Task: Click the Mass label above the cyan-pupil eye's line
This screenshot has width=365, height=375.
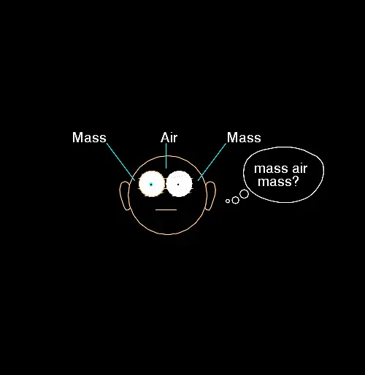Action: (x=89, y=137)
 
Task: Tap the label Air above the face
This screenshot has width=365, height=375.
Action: (x=169, y=138)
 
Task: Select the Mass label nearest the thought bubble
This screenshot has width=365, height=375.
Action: (x=244, y=137)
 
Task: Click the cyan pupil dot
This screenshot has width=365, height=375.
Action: (x=151, y=185)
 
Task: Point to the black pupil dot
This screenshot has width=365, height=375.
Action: (x=178, y=185)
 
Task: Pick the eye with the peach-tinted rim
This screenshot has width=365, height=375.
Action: (x=151, y=184)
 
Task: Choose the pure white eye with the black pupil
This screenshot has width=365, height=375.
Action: (x=179, y=184)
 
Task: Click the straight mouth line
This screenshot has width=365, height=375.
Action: (x=166, y=209)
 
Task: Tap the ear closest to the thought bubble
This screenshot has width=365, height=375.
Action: (x=210, y=196)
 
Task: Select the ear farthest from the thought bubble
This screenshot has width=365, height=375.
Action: (x=125, y=196)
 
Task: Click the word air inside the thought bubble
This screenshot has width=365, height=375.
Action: (x=300, y=169)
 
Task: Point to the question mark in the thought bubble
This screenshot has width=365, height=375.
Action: (x=296, y=182)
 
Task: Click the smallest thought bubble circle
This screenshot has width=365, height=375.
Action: (x=228, y=201)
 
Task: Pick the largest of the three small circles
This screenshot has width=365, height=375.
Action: (x=244, y=194)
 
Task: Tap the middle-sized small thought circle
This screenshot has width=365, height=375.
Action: (x=236, y=200)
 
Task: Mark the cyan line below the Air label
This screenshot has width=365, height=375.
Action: (x=166, y=155)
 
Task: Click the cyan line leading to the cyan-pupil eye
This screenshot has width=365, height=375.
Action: (x=120, y=162)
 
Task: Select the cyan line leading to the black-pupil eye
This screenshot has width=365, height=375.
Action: (x=212, y=162)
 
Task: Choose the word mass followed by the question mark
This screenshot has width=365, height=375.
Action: (x=275, y=182)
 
